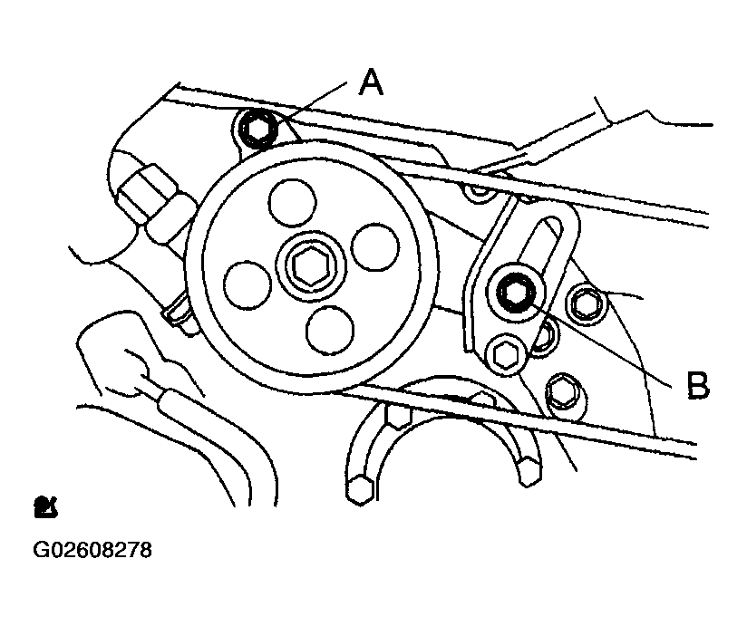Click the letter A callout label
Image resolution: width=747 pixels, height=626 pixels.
click(371, 82)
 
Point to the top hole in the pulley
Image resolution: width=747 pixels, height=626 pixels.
click(293, 203)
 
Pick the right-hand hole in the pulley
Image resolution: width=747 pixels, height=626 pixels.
click(374, 247)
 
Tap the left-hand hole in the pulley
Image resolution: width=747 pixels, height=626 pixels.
click(247, 284)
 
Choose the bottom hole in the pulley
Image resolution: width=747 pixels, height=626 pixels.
click(330, 331)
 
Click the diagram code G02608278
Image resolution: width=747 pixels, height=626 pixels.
click(92, 550)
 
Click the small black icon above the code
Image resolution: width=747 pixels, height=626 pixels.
click(45, 507)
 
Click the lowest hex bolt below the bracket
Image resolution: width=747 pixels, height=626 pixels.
click(562, 391)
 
